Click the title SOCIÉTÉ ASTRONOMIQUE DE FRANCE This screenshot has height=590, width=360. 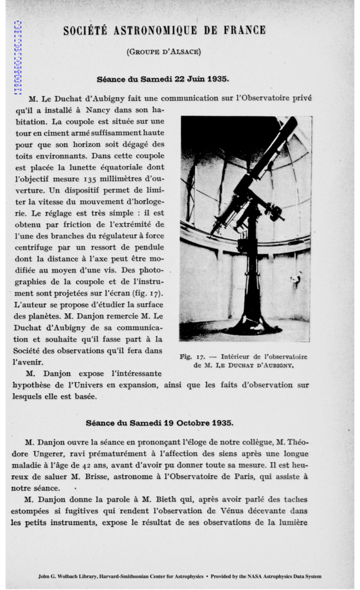164,30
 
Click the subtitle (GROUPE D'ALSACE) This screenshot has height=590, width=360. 164,52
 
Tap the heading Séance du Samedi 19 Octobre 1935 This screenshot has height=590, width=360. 159,422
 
